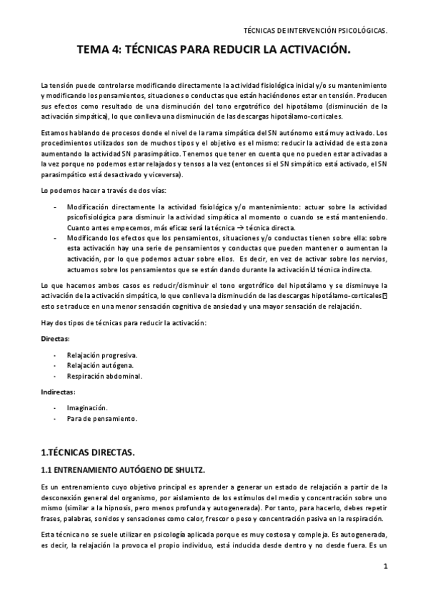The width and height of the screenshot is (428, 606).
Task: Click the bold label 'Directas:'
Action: [x=56, y=338]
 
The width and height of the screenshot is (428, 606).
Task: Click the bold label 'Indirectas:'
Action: [x=59, y=392]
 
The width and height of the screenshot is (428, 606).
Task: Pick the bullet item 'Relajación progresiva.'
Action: [x=103, y=354]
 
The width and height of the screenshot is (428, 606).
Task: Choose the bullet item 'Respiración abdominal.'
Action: [x=104, y=375]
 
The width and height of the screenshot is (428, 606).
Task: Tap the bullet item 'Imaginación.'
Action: [x=87, y=407]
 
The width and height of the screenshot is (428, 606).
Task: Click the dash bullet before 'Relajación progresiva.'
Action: [x=56, y=354]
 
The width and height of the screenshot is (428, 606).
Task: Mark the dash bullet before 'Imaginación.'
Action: [x=56, y=407]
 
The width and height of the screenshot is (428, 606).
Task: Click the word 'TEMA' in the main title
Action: [x=94, y=51]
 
